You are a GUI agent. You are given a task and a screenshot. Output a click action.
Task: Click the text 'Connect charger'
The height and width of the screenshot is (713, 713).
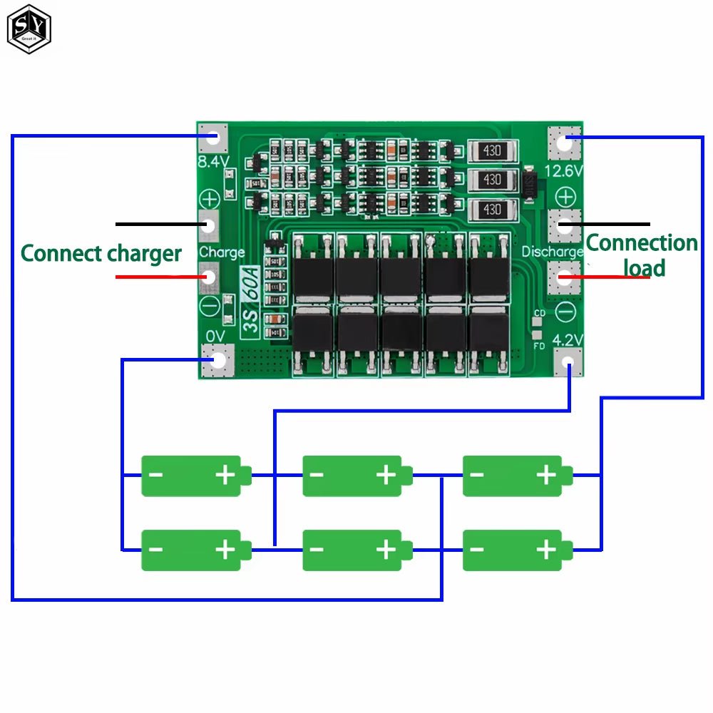(101, 253)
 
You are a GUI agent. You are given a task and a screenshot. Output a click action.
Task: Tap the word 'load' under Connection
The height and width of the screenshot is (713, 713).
(644, 268)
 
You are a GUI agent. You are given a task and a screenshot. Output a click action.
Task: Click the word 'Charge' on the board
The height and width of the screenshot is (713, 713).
(222, 252)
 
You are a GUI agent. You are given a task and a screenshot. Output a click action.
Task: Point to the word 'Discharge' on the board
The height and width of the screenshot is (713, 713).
(553, 252)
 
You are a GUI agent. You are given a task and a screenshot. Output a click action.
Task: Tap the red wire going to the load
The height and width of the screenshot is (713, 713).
(606, 277)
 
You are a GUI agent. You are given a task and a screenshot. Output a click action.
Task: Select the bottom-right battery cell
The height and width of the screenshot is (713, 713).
(516, 550)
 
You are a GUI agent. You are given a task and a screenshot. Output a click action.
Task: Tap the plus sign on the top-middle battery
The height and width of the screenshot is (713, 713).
(386, 474)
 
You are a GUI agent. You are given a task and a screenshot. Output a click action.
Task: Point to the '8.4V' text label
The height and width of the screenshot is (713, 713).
(213, 162)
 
